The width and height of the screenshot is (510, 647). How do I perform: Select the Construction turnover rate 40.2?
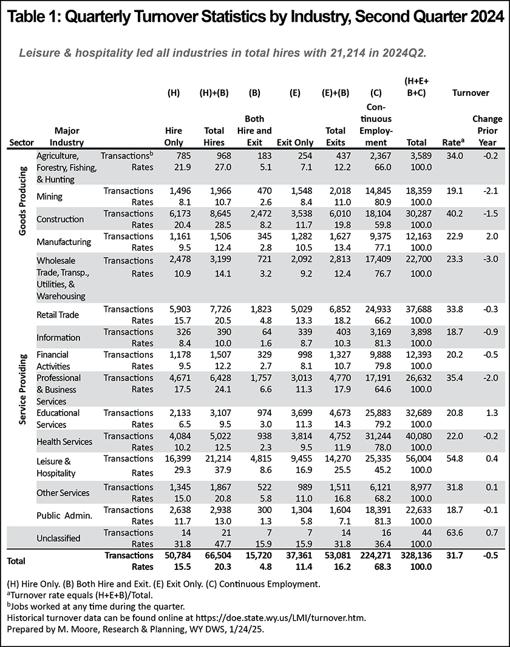455,213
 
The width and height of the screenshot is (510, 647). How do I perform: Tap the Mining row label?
50,196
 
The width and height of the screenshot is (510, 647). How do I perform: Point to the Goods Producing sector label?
22,201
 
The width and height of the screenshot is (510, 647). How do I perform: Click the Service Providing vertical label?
22,389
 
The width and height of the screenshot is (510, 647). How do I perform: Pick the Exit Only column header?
295,142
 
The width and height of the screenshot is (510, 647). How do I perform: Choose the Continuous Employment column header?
376,125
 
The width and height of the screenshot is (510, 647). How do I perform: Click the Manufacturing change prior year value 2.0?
492,236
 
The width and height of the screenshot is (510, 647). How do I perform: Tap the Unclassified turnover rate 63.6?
455,532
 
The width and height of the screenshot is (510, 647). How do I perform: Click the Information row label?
58,337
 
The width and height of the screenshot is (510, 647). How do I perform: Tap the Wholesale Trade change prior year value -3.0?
490,259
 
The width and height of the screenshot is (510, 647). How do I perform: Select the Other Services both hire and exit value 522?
265,487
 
